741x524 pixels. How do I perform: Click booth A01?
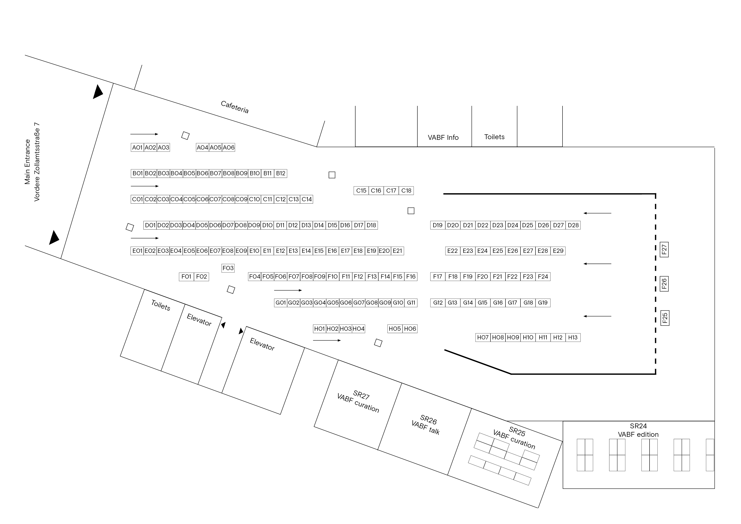[x=137, y=147]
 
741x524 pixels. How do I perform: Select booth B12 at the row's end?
[x=281, y=173]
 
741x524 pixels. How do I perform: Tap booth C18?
[x=406, y=191]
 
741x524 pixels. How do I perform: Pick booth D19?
[x=438, y=225]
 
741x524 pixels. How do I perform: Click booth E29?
[x=558, y=251]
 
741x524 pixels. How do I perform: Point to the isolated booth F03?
[x=228, y=268]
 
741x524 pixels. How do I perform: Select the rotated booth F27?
[x=664, y=249]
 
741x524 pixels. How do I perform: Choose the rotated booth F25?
[x=665, y=318]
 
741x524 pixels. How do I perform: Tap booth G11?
[x=411, y=303]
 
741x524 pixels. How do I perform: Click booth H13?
[x=573, y=338]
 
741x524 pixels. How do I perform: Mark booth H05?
[x=395, y=329]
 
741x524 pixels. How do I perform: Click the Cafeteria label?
[x=235, y=107]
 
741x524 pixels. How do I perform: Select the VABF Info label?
[x=443, y=137]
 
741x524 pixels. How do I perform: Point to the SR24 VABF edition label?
[x=638, y=430]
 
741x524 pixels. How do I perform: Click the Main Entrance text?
[x=27, y=162]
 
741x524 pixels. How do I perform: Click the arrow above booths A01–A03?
[x=144, y=134]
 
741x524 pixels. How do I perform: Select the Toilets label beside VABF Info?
[x=494, y=137]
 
